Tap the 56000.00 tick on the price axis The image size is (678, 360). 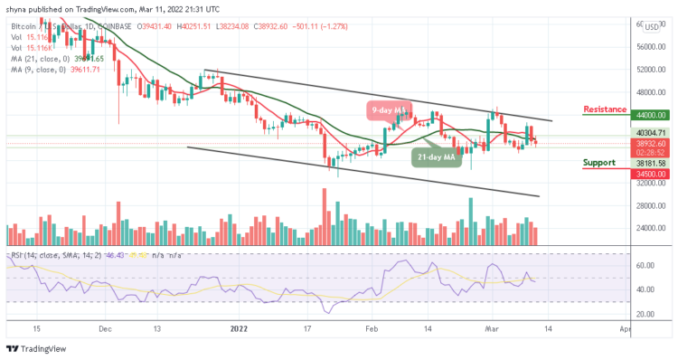coord(649,48)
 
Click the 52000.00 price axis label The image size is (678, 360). coord(649,70)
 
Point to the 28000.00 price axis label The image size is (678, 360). coord(649,205)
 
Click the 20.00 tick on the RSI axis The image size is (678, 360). coord(645,313)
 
